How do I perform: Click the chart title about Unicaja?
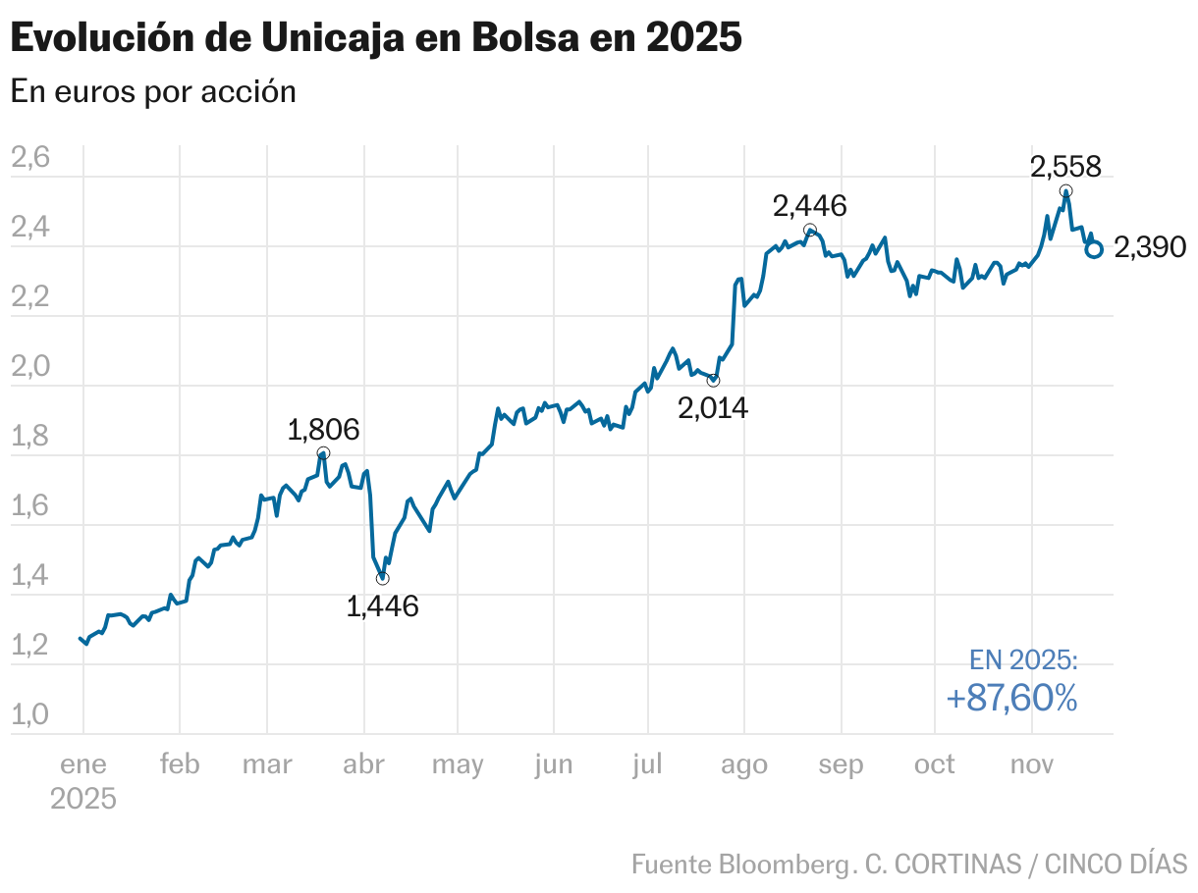tap(375, 38)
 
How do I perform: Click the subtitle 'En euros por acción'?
tap(153, 91)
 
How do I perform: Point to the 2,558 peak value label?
tap(1065, 166)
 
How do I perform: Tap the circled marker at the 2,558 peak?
tap(1066, 191)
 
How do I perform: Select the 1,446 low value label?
tap(383, 606)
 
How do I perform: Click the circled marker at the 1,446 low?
tap(382, 578)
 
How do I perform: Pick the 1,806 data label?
tap(323, 430)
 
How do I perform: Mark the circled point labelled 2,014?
tap(713, 380)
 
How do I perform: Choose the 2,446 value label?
tap(810, 206)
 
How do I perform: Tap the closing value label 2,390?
tap(1151, 248)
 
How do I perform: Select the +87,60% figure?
tap(1011, 698)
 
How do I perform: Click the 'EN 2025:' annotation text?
tap(1023, 659)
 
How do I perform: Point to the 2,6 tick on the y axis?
tap(29, 158)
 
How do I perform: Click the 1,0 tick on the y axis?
tap(29, 715)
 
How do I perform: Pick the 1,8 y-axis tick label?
tap(29, 437)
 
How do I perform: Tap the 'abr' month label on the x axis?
tap(363, 764)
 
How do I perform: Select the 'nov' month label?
tap(1032, 764)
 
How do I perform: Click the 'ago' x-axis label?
tap(744, 764)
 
